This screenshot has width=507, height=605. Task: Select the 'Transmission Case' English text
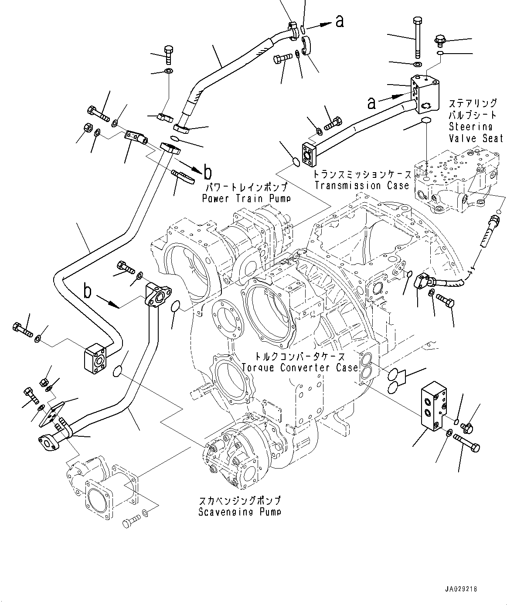click(x=361, y=186)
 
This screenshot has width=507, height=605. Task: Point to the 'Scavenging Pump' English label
click(x=239, y=512)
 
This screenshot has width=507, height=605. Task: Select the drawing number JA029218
click(x=461, y=589)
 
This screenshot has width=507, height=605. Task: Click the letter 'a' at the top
click(x=340, y=20)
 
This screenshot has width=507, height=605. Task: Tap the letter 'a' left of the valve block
click(x=371, y=103)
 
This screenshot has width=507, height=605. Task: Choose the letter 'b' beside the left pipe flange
click(x=88, y=291)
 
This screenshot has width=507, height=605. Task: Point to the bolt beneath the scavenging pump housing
click(x=130, y=520)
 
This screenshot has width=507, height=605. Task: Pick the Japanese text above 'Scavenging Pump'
click(x=239, y=500)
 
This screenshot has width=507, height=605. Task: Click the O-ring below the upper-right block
click(x=426, y=120)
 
